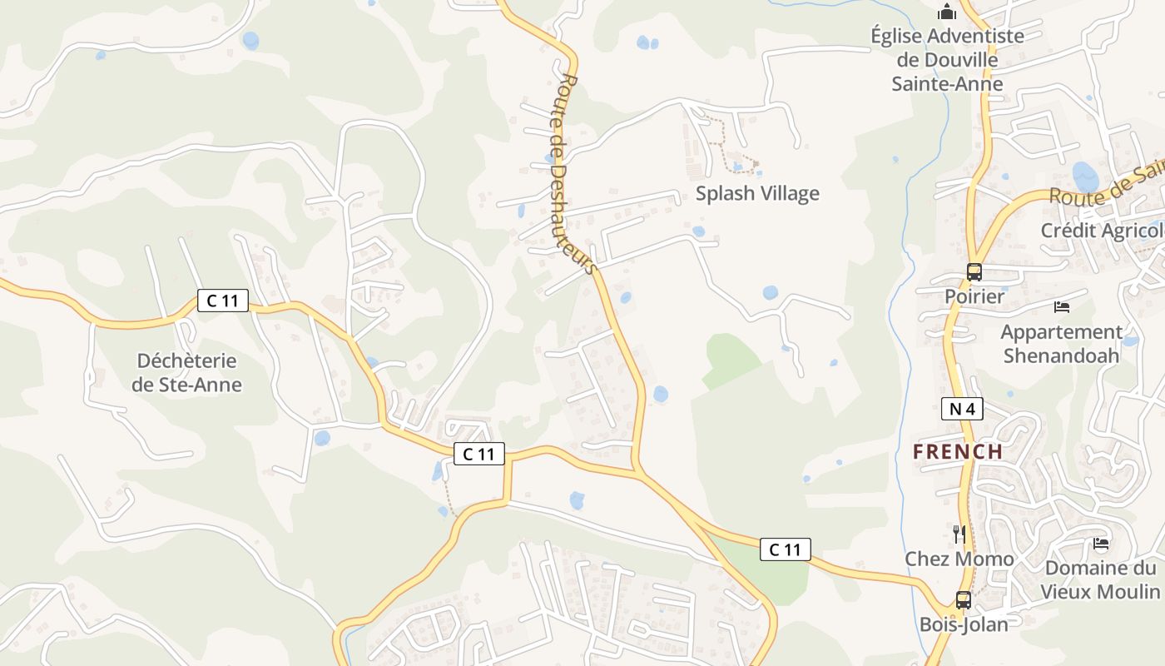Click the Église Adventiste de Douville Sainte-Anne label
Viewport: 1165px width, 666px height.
tap(947, 60)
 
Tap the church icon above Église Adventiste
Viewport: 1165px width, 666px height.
tap(947, 12)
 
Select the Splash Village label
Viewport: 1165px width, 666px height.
tap(757, 193)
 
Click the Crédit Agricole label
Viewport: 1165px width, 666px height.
tap(1102, 231)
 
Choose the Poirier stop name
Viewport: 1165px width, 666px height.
tap(974, 296)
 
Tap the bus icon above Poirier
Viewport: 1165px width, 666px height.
tap(974, 271)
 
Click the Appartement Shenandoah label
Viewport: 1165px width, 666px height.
tap(1061, 343)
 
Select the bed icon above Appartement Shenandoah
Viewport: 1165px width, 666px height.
tap(1061, 306)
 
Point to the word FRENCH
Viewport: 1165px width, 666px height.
tap(958, 452)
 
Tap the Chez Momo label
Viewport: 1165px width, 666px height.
tap(959, 559)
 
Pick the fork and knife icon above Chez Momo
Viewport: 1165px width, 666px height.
tap(959, 533)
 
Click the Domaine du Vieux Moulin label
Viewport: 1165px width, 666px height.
tap(1100, 579)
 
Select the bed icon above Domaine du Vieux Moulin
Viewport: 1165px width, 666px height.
tap(1101, 544)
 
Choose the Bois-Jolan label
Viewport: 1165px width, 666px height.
tap(964, 624)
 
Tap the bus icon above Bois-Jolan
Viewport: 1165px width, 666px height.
tap(963, 599)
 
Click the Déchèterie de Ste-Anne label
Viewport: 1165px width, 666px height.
tap(187, 372)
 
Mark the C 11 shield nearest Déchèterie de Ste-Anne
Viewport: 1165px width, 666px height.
tap(223, 301)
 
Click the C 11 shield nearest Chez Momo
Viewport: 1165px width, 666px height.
tap(785, 549)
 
